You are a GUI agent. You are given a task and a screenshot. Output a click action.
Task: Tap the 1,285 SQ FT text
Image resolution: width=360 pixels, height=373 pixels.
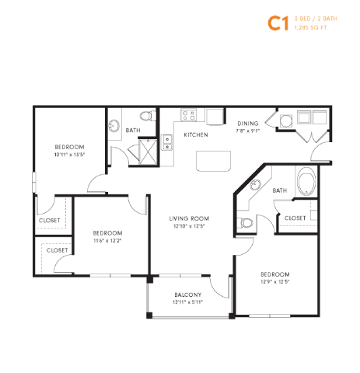pyautogui.click(x=309, y=28)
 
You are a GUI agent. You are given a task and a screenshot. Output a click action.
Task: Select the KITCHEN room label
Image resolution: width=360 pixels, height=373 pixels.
pyautogui.click(x=195, y=135)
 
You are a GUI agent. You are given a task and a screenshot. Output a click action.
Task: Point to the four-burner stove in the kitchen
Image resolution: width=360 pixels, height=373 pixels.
pyautogui.click(x=188, y=116)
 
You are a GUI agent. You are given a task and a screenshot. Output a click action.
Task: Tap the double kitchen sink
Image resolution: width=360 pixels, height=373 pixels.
pyautogui.click(x=167, y=142)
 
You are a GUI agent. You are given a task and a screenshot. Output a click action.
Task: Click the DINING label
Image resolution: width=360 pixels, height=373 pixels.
pyautogui.click(x=248, y=124)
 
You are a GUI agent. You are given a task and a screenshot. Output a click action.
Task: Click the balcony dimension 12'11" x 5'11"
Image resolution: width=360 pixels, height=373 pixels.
pyautogui.click(x=188, y=302)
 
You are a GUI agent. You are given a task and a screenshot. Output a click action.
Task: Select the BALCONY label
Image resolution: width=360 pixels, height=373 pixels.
pyautogui.click(x=188, y=295)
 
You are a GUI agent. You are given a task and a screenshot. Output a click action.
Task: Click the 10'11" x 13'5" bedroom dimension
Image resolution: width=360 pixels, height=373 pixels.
pyautogui.click(x=69, y=155)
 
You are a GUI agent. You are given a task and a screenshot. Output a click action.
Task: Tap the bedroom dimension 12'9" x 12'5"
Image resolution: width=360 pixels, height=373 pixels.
pyautogui.click(x=274, y=283)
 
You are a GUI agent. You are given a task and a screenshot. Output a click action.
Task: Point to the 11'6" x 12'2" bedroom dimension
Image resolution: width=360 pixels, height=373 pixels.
pyautogui.click(x=107, y=240)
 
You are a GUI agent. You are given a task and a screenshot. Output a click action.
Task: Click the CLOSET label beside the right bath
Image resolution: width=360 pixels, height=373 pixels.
pyautogui.click(x=295, y=218)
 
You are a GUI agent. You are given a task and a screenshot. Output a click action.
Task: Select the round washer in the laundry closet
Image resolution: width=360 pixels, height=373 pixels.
pyautogui.click(x=285, y=119)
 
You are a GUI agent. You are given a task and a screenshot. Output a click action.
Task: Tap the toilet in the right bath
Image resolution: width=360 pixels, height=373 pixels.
pyautogui.click(x=246, y=222)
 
